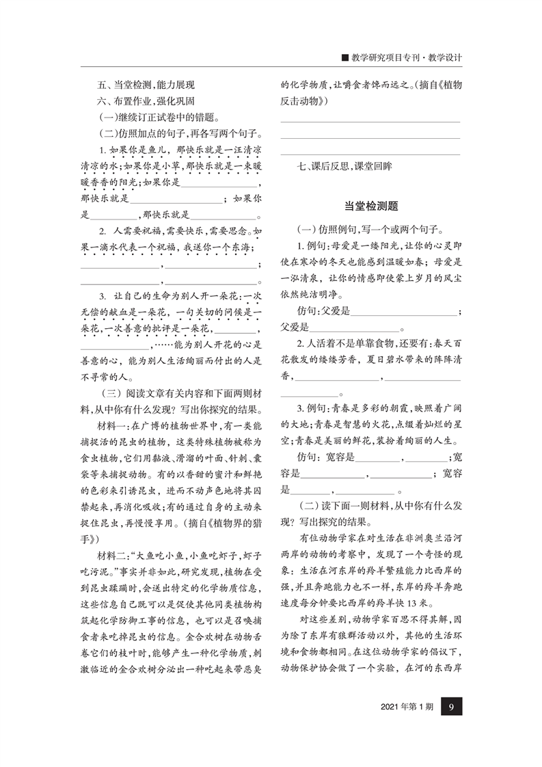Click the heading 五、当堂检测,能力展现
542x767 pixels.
click(x=146, y=85)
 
